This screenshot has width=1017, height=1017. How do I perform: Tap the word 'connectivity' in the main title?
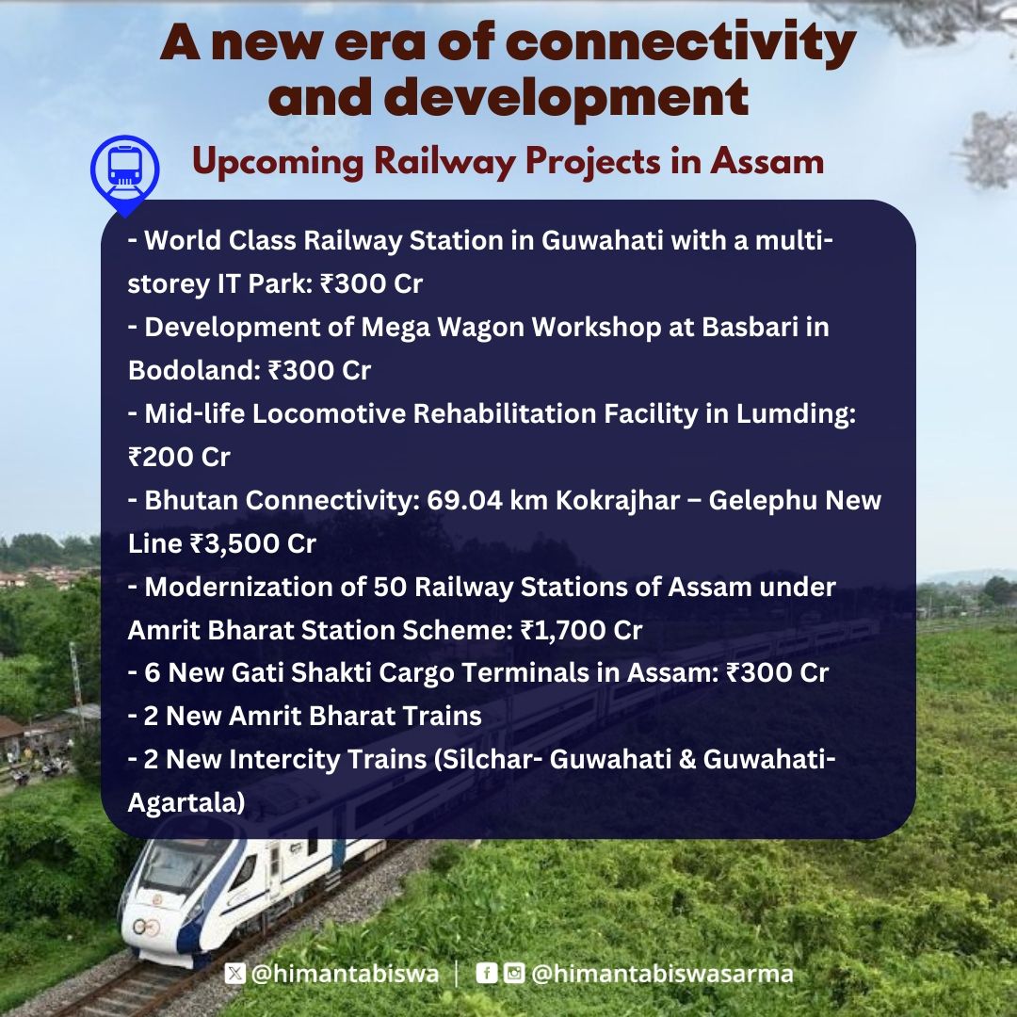(681, 42)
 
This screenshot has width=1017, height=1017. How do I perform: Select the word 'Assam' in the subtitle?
(767, 161)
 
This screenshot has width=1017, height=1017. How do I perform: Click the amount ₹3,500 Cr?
(253, 543)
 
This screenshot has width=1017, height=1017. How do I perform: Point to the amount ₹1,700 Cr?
(581, 630)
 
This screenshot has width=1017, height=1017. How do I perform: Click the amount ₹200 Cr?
(179, 458)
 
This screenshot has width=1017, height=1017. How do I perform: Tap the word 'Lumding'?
(796, 414)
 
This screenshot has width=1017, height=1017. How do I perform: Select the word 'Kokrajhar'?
(618, 501)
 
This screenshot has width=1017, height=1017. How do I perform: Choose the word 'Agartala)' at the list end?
(186, 803)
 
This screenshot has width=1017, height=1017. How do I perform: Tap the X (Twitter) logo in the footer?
(234, 973)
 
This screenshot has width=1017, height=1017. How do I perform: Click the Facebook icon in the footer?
(487, 972)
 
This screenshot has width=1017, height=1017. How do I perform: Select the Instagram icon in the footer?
(514, 972)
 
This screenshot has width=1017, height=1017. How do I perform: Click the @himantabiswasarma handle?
(662, 974)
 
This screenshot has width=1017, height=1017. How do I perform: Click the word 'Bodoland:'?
(194, 370)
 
